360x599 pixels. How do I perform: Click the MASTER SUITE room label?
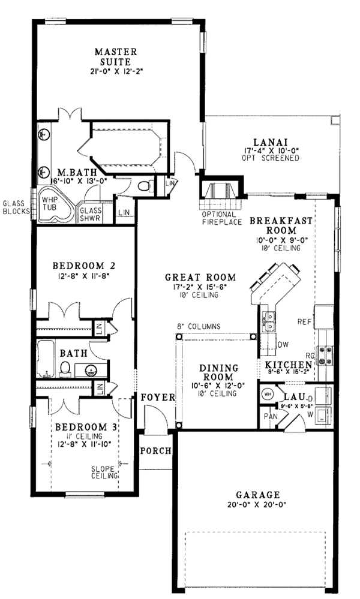[x=116, y=56]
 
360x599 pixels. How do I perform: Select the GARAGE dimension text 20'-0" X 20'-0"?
[x=258, y=505]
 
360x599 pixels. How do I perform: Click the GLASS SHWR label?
[x=91, y=214]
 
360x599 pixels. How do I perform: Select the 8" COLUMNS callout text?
[x=198, y=327]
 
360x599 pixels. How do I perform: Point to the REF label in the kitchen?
[x=304, y=322]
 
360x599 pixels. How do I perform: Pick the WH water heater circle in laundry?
[x=268, y=395]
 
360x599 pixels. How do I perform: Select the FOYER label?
[x=158, y=398]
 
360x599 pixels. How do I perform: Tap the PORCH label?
[x=155, y=451]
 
